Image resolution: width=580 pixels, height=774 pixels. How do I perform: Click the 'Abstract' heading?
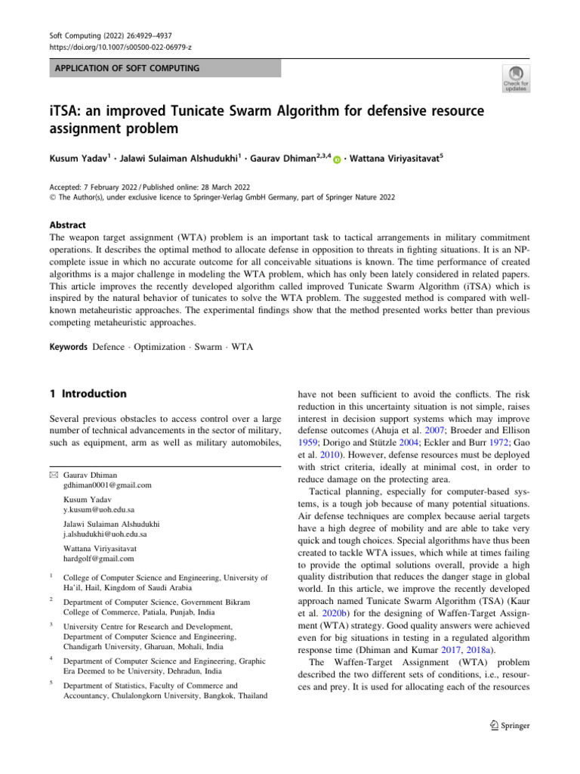(66, 225)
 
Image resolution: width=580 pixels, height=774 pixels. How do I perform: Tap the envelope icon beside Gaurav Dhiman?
(53, 473)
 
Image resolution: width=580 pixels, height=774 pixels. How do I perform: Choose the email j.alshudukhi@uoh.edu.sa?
(105, 534)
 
